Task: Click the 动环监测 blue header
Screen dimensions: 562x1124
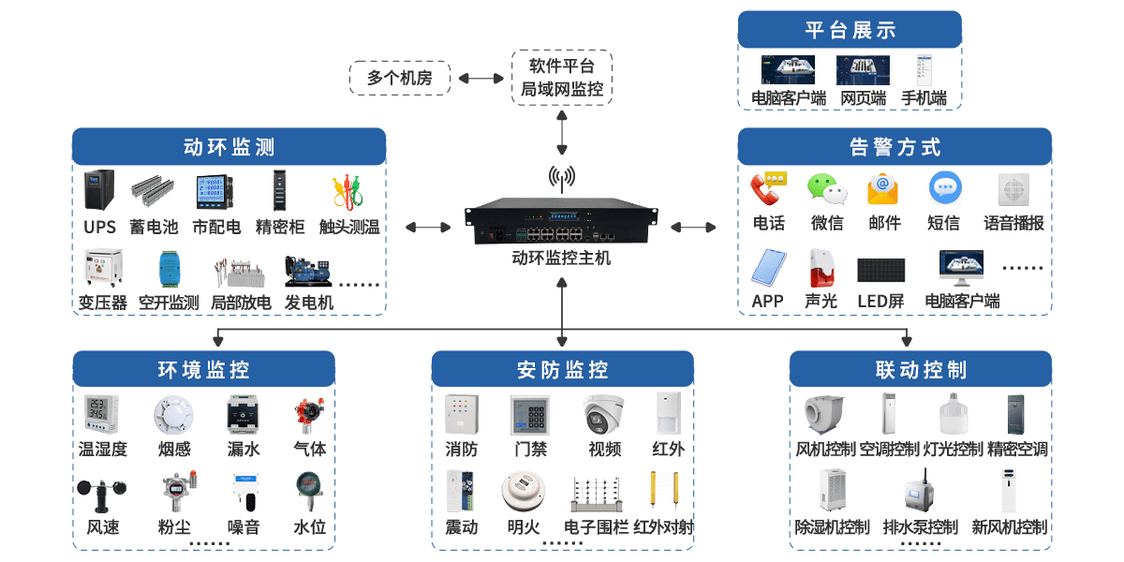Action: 229,147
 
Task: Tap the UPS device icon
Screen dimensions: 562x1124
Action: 98,190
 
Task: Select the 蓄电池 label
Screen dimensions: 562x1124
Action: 154,227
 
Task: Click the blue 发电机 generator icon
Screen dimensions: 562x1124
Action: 308,271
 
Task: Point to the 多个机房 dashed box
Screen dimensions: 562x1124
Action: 400,78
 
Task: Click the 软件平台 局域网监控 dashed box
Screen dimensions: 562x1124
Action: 562,78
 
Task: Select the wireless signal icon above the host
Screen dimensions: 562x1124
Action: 562,176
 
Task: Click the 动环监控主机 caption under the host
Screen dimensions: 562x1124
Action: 562,257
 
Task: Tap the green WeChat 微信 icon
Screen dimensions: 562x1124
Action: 827,188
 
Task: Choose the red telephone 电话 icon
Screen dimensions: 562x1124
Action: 770,188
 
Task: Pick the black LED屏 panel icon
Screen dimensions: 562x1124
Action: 881,271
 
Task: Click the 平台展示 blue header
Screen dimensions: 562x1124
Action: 850,30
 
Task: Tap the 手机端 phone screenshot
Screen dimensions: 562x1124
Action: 924,70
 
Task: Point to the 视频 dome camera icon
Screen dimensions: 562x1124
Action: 604,414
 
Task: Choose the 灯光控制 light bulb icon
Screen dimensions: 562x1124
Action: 952,414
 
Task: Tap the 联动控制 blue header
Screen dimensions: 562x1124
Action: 921,370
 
